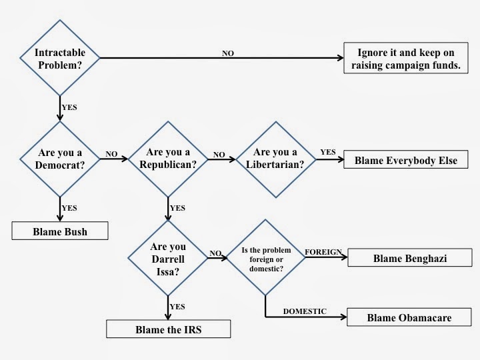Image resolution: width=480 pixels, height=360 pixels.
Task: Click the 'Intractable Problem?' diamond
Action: (60, 58)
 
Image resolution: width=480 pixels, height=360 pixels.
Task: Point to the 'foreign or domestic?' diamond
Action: (265, 257)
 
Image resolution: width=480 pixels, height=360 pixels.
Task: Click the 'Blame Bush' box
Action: (60, 232)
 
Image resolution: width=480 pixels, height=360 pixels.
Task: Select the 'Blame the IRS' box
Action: (168, 329)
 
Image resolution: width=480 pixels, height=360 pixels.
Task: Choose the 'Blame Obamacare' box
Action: (409, 317)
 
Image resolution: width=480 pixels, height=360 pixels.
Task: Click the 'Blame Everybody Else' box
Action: (406, 160)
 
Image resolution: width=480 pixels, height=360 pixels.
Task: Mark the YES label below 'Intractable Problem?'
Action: (69, 106)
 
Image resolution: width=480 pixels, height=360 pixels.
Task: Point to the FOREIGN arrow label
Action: (323, 252)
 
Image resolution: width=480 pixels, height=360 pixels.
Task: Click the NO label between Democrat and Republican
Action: (111, 154)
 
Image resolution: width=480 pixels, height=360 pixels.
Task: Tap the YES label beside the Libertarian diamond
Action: (328, 152)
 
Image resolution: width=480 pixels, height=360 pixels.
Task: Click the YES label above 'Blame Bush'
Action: (69, 208)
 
